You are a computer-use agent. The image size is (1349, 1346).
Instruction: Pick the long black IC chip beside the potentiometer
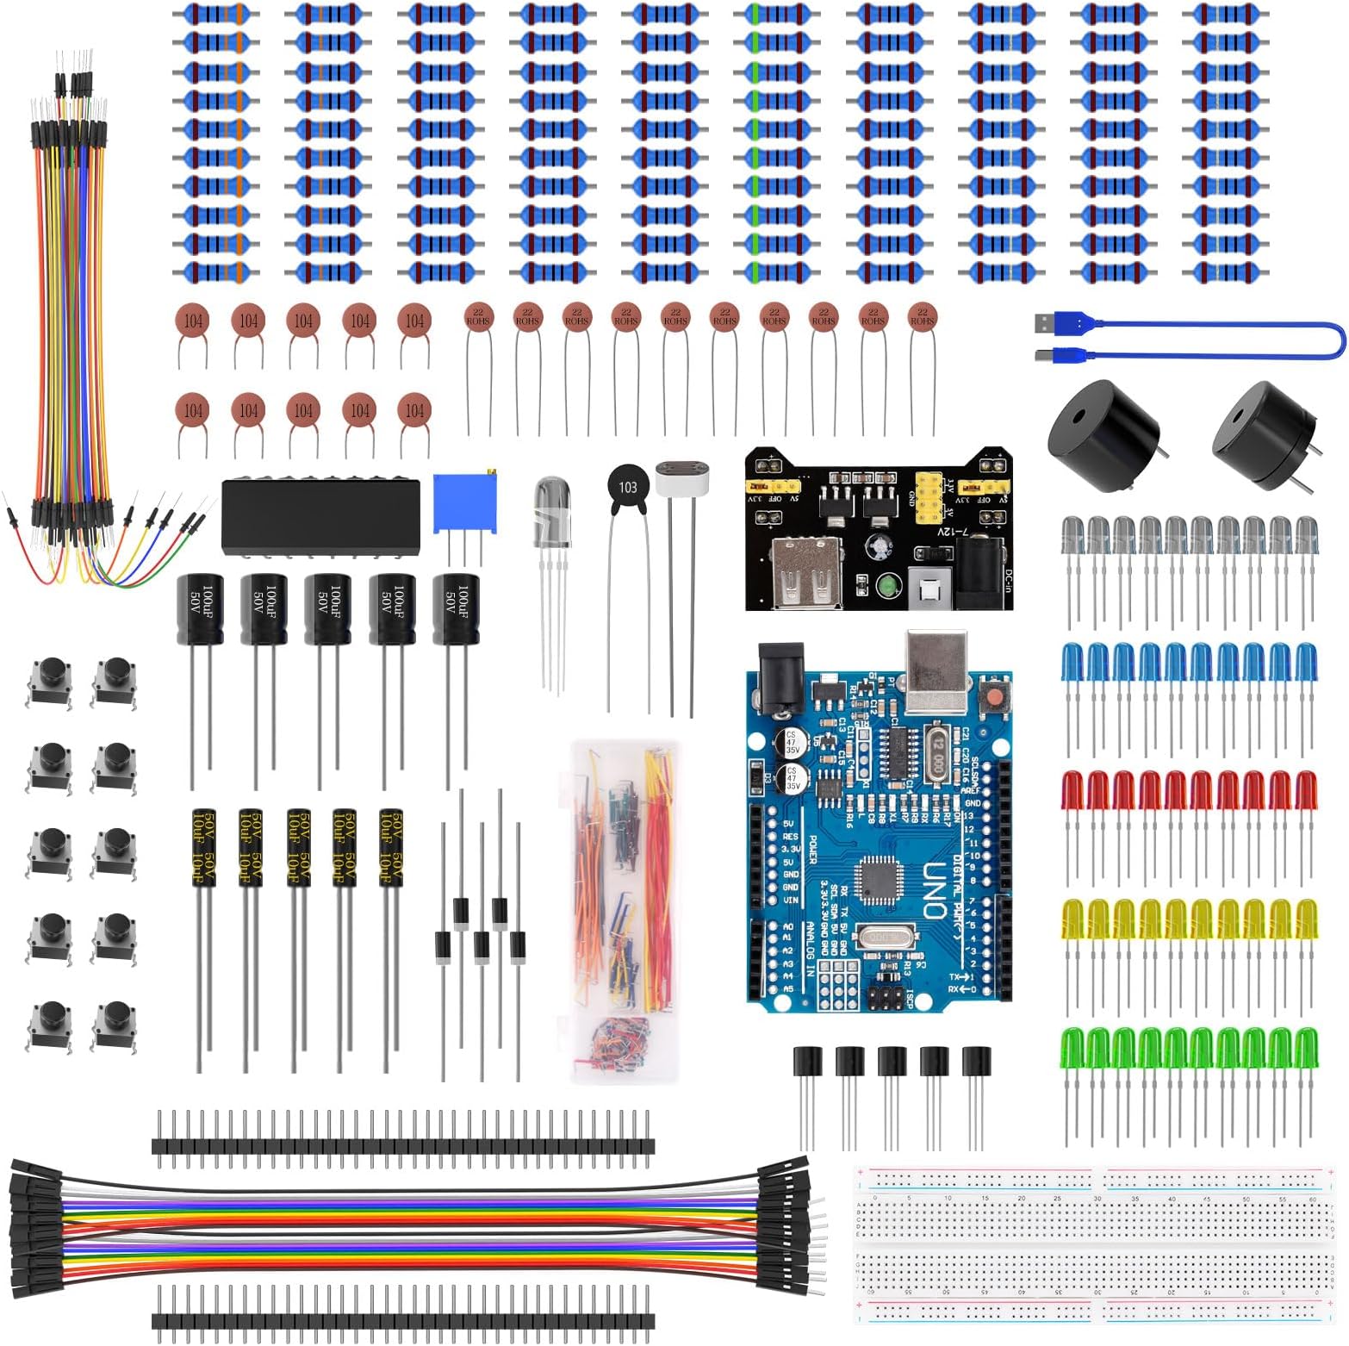pos(320,515)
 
